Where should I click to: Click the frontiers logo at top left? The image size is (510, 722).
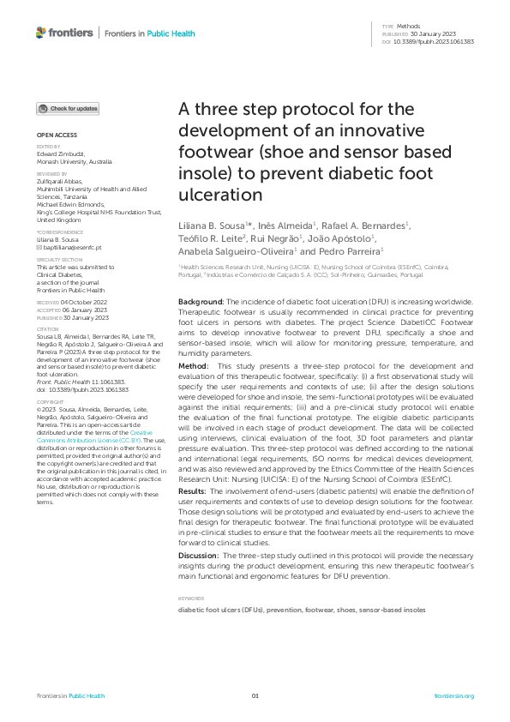pyautogui.click(x=64, y=33)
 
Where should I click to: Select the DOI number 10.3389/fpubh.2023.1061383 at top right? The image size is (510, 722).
pyautogui.click(x=439, y=41)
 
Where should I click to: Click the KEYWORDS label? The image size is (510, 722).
pyautogui.click(x=191, y=598)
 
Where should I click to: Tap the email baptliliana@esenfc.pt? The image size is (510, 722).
pyautogui.click(x=69, y=246)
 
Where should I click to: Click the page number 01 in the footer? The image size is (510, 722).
pyautogui.click(x=255, y=695)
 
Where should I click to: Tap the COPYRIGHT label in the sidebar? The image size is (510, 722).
pyautogui.click(x=49, y=401)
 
